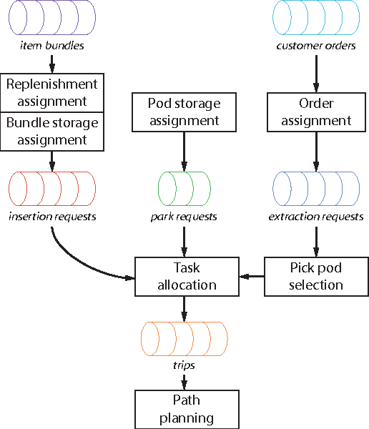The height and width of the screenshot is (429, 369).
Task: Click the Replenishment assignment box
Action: click(x=51, y=92)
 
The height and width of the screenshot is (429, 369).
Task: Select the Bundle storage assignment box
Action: click(x=51, y=131)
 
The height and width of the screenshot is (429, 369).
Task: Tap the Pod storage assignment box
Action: click(x=184, y=112)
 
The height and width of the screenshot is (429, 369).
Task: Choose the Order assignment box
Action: click(x=316, y=112)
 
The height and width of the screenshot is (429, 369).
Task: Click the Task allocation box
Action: click(x=185, y=276)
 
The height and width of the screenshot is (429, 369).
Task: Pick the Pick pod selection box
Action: click(x=316, y=276)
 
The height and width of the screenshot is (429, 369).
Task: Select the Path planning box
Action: click(x=185, y=409)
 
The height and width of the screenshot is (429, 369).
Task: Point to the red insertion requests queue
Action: click(x=51, y=189)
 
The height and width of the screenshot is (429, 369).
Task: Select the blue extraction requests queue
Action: click(x=316, y=189)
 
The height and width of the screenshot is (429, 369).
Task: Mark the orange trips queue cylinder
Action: click(x=184, y=339)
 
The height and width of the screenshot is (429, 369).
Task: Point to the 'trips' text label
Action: click(x=184, y=365)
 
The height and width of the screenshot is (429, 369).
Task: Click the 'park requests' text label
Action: click(x=184, y=217)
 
